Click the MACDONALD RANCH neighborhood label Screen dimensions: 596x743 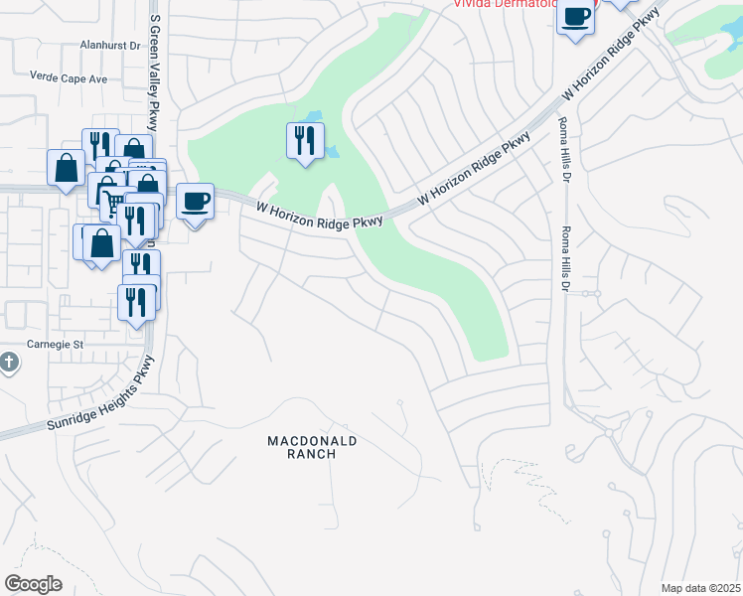[x=313, y=447]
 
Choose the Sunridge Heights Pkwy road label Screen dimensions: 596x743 [x=100, y=398]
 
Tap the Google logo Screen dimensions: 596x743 [x=33, y=584]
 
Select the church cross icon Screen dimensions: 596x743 [x=9, y=362]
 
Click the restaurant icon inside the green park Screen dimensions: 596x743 [x=305, y=140]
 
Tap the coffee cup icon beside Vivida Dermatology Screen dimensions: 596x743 [x=576, y=15]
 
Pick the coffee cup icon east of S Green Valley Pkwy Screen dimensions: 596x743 [x=195, y=201]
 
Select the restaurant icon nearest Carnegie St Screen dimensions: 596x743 [x=136, y=302]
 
